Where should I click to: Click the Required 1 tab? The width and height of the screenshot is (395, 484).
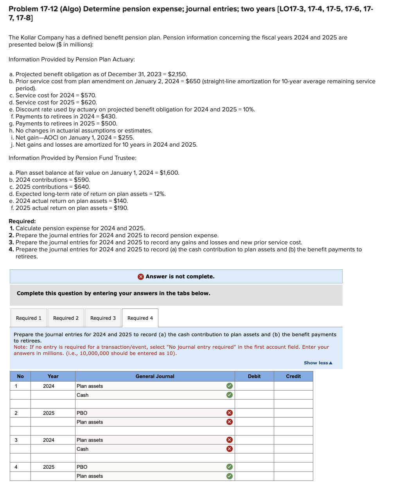pyautogui.click(x=29, y=318)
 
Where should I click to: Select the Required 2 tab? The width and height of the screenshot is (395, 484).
pyautogui.click(x=66, y=318)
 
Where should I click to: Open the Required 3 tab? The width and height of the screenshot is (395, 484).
pyautogui.click(x=103, y=318)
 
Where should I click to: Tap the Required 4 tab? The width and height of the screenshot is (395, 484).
pyautogui.click(x=140, y=318)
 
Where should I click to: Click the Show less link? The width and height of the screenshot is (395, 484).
pyautogui.click(x=318, y=363)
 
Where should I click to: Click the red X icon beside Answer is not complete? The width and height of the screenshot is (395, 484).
pyautogui.click(x=141, y=277)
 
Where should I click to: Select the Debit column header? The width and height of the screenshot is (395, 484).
pyautogui.click(x=254, y=376)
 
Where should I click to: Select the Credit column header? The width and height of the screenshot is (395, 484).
pyautogui.click(x=293, y=376)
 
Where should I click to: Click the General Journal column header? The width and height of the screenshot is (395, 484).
pyautogui.click(x=155, y=376)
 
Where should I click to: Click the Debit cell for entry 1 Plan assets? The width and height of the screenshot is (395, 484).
pyautogui.click(x=254, y=386)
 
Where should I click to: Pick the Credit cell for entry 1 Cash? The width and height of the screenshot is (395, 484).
pyautogui.click(x=293, y=395)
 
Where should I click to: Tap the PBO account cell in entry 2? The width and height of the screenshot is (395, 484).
pyautogui.click(x=149, y=413)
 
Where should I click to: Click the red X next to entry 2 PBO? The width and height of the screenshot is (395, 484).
pyautogui.click(x=230, y=413)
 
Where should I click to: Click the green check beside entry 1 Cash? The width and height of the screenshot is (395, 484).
pyautogui.click(x=230, y=395)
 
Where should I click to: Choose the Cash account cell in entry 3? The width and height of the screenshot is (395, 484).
pyautogui.click(x=149, y=449)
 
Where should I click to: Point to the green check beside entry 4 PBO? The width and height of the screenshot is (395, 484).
pyautogui.click(x=230, y=467)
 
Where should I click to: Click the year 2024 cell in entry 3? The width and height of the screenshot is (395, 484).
pyautogui.click(x=49, y=440)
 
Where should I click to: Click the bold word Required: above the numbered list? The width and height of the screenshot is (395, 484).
pyautogui.click(x=22, y=221)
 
